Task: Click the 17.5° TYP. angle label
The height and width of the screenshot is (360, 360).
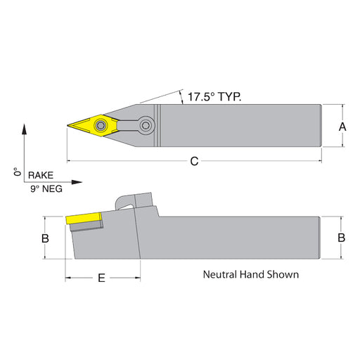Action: coord(214,97)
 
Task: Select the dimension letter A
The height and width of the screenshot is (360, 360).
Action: coord(342,127)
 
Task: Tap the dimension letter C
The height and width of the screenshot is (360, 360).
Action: coord(194,162)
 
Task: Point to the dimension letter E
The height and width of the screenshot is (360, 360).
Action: coord(101,278)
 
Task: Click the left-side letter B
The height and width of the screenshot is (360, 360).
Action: coord(45,238)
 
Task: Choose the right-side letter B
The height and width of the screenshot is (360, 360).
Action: coord(341,238)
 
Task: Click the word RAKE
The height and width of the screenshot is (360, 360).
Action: coord(41,175)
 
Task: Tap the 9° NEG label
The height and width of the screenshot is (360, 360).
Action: coord(46,188)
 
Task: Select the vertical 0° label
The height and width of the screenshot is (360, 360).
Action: coord(17,172)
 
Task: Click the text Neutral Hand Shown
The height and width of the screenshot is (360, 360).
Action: coord(251,274)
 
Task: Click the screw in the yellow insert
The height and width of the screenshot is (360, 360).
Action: coord(101,126)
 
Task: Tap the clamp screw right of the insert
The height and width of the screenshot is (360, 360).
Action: coord(146,126)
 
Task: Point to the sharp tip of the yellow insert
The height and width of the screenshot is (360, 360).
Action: coord(67,126)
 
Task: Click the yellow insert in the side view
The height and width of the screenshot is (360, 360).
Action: coord(84,219)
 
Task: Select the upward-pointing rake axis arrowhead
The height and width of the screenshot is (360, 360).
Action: coord(24,129)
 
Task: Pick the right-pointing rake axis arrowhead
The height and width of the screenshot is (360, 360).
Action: coord(77,182)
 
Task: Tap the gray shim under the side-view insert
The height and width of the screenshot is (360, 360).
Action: coord(86,226)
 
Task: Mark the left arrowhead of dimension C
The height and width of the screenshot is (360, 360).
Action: coord(70,161)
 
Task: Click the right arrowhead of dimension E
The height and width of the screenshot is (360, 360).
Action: coord(138,278)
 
